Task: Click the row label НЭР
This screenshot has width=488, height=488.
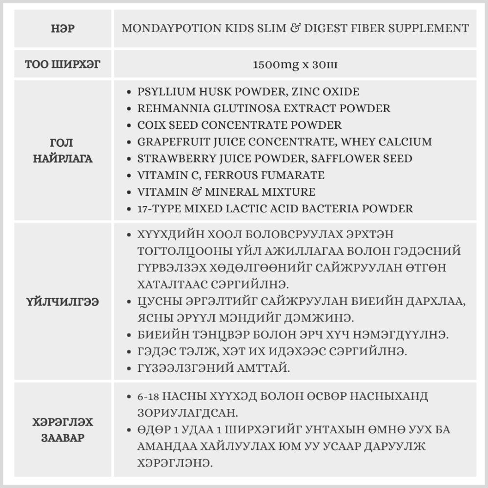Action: (x=63, y=28)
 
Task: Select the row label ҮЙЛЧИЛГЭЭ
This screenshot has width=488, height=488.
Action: (x=63, y=302)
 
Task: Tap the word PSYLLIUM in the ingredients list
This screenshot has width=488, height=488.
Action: (x=163, y=92)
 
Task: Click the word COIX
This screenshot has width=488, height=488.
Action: (x=151, y=125)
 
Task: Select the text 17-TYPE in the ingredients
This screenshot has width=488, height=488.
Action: (x=156, y=209)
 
